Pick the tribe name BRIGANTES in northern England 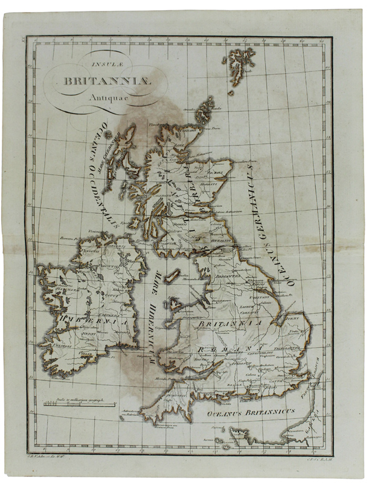(x=229, y=277)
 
